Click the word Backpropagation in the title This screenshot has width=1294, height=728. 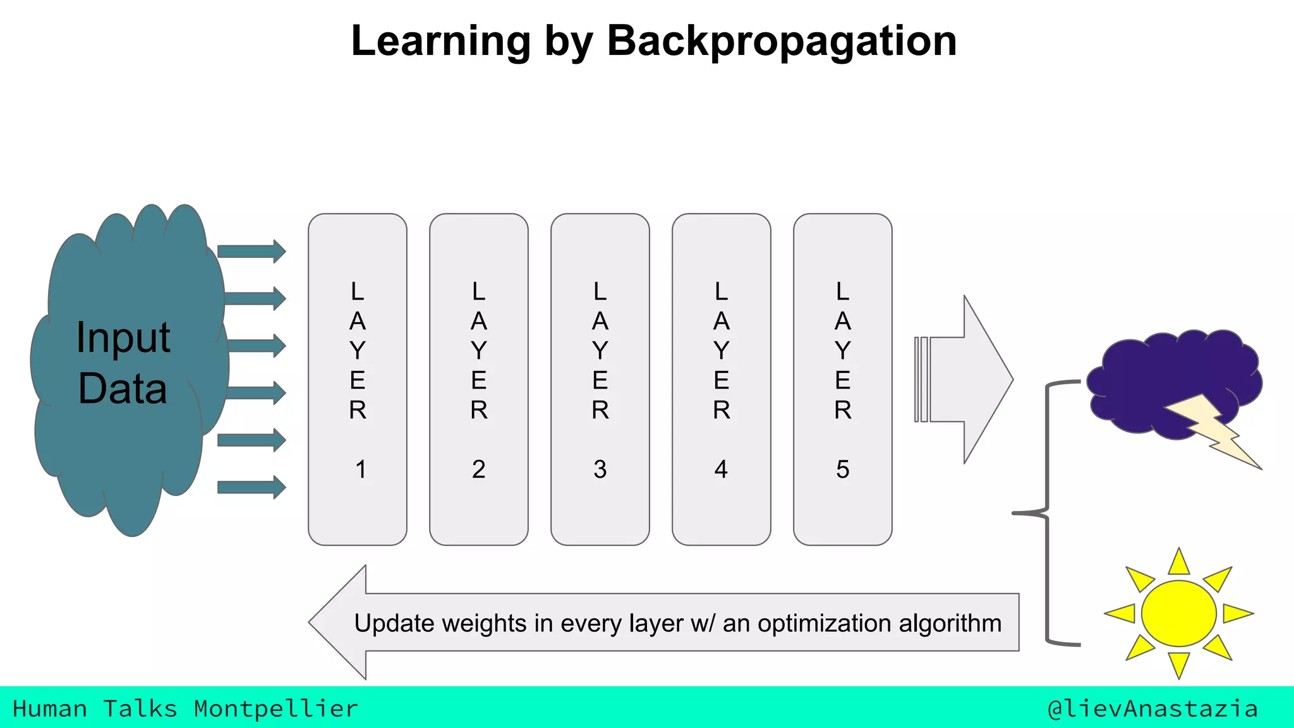coord(782,42)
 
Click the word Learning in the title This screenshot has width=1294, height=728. coord(440,42)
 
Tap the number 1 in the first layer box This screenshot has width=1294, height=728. coord(360,470)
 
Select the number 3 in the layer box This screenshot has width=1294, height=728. coord(600,470)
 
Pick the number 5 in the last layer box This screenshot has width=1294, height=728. coord(843,470)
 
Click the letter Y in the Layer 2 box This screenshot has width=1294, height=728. coord(479,350)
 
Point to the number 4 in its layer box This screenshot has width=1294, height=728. coord(721,470)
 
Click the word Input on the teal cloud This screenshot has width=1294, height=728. coord(123,337)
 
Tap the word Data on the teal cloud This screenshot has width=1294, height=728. coord(123,388)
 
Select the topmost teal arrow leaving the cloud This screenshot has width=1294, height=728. coord(251,251)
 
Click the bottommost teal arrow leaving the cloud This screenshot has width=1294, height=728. coord(251,487)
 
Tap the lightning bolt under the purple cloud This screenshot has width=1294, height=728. coord(1210,432)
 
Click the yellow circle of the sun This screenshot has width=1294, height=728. coord(1178,614)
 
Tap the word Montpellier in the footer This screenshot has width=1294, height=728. coord(275,709)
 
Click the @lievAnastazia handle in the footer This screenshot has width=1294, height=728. coord(1152,709)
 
